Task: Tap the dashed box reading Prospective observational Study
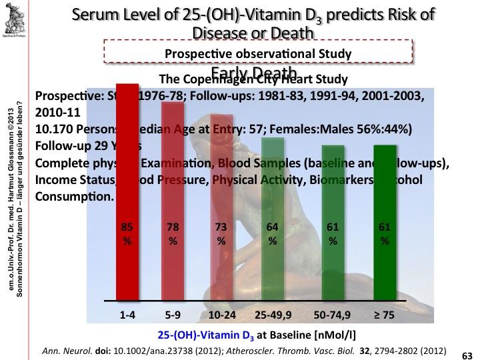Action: pos(257,53)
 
